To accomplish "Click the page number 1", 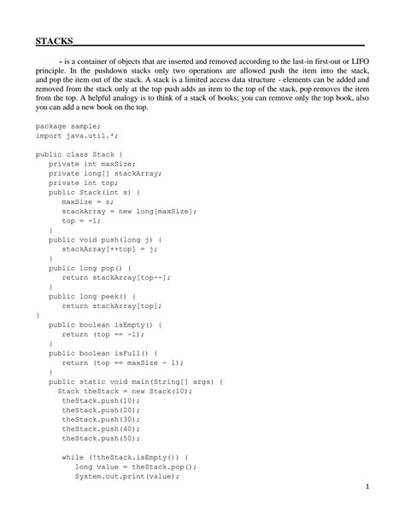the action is (365, 487).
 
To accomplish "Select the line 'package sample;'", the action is (67, 125).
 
